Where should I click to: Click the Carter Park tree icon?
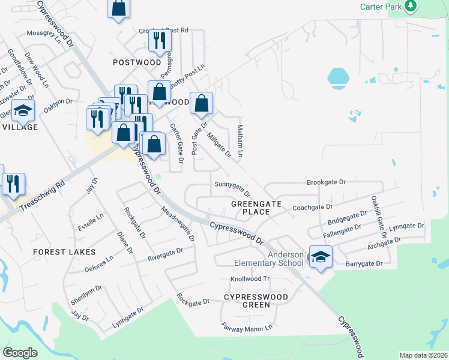click(411, 6)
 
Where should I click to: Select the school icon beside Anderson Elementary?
click(321, 257)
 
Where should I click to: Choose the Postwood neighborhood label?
click(137, 62)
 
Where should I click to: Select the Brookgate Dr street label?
click(327, 182)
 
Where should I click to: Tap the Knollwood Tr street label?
click(251, 280)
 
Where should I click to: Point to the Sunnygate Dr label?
click(233, 189)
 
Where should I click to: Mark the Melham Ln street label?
click(240, 141)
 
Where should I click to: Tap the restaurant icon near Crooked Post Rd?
click(160, 40)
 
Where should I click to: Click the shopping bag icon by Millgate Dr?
click(202, 104)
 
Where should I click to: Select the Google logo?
click(20, 353)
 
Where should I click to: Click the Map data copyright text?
click(423, 355)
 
